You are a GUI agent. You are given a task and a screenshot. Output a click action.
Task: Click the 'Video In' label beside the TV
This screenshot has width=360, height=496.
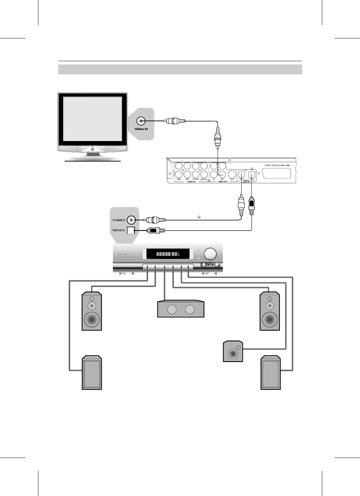tap(141, 129)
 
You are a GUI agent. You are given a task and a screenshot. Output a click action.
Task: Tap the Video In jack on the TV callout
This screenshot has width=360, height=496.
tap(141, 121)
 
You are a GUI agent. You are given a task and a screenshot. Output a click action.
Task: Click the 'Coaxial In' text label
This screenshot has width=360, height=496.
tap(119, 220)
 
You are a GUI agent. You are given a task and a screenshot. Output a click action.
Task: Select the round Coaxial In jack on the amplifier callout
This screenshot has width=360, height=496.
tap(131, 220)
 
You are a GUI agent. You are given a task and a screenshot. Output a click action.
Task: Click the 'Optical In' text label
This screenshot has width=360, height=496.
tap(118, 230)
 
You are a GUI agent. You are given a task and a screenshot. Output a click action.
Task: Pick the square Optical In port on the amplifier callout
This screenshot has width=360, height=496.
tap(131, 231)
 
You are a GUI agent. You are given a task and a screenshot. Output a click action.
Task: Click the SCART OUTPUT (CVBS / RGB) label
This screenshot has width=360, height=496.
tap(277, 165)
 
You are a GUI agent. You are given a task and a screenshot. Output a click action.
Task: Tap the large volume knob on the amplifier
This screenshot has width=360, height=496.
tap(211, 254)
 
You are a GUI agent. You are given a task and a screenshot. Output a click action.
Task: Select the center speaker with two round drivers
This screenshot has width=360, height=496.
tap(181, 309)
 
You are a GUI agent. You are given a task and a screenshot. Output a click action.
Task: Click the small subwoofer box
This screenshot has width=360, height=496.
tap(233, 351)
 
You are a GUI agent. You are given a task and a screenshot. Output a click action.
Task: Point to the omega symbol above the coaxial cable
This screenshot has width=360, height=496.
tap(199, 217)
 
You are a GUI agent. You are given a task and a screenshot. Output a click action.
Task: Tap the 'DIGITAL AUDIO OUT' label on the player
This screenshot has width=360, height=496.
tap(246, 181)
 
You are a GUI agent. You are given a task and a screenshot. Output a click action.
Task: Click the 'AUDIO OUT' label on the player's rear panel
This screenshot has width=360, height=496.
tap(191, 182)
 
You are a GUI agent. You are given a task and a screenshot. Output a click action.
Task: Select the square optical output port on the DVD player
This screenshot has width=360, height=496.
tap(252, 174)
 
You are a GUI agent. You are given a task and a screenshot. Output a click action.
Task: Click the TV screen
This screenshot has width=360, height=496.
tap(92, 118)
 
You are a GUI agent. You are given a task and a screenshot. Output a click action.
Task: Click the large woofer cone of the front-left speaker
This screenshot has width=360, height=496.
tap(92, 320)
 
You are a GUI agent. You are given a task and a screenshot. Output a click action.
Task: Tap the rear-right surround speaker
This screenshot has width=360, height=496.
tap(270, 373)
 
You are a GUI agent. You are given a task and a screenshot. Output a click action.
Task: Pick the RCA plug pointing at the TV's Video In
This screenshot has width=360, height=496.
tap(174, 121)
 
